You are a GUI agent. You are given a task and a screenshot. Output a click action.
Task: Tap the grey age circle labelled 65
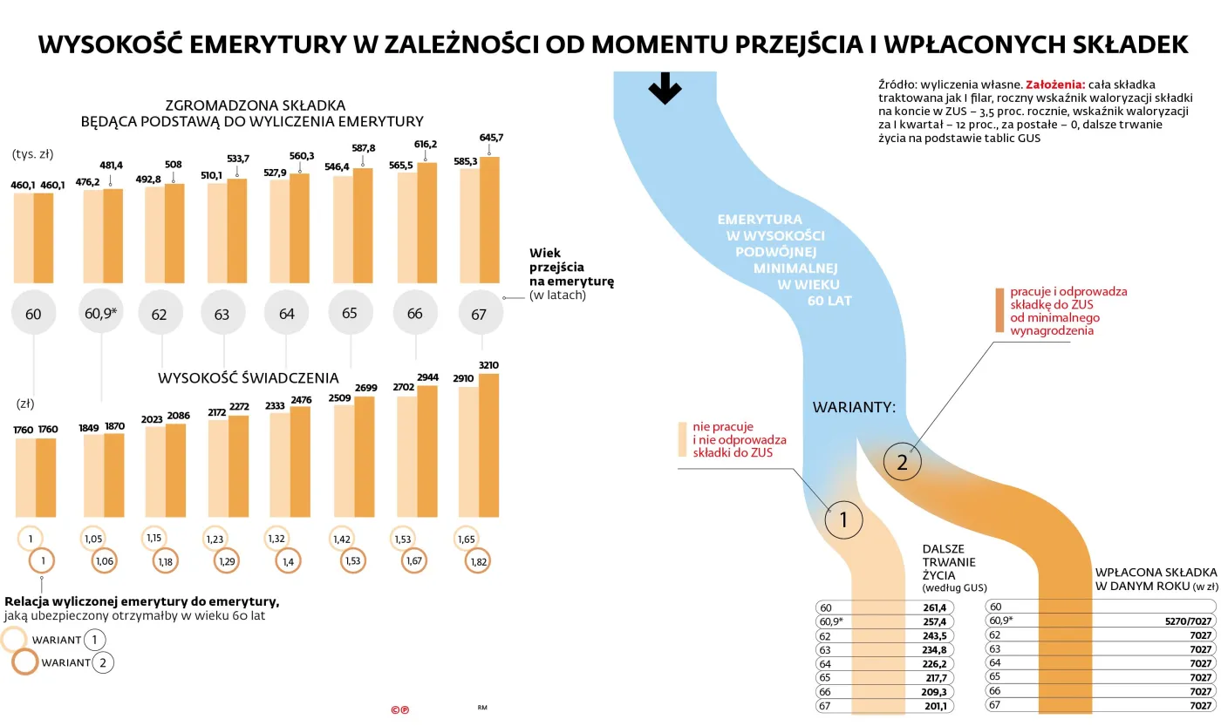350,313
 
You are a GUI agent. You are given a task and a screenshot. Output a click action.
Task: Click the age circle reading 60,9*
101,311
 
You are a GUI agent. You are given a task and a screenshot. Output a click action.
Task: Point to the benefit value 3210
488,364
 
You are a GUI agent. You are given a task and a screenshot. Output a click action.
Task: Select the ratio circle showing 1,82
478,562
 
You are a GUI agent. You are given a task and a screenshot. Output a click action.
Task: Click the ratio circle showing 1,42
341,539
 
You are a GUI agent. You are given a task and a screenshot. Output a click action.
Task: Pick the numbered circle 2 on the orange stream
903,463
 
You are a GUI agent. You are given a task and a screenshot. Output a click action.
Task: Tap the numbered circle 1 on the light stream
843,520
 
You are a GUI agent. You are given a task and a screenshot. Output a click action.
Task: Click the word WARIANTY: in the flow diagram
854,407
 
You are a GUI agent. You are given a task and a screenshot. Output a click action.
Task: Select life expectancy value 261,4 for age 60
934,607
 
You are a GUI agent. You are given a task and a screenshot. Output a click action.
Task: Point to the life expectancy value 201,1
934,705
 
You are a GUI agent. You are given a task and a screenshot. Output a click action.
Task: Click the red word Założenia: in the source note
1055,85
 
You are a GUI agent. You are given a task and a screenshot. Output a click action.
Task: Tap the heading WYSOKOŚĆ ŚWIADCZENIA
249,378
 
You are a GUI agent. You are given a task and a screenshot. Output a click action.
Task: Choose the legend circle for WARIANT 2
25,662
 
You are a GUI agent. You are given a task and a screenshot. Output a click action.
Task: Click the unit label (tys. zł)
33,154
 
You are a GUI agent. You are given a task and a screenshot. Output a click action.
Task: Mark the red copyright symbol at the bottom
399,710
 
